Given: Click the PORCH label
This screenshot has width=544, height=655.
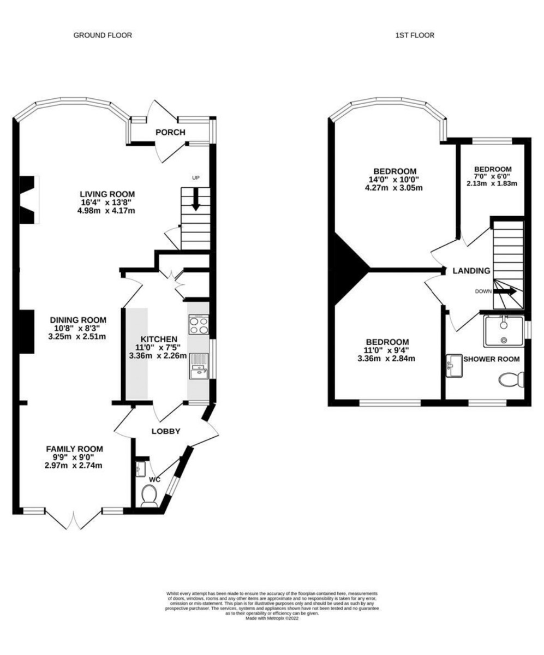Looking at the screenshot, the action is coord(171,133).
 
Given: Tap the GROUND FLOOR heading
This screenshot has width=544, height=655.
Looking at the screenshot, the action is coord(103,35).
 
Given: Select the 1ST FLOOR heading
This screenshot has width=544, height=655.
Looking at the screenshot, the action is coord(415,35).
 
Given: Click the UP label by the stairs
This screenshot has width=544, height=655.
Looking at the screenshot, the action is coord(196,178).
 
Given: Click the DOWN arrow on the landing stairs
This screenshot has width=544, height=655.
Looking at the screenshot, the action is coord(505,291).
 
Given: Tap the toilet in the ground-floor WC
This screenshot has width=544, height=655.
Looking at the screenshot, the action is coord(149,496).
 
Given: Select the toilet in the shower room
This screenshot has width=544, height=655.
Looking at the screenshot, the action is coord(511,379).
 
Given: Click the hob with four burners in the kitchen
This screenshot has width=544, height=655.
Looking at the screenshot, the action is coord(199,324).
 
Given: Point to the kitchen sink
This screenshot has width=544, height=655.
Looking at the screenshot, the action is coord(199,366).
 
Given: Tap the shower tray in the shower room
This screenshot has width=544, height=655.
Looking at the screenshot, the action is coord(504,331).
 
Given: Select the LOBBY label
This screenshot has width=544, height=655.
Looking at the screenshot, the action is coord(166,431).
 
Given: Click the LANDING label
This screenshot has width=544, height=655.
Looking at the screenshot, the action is coord(471,271).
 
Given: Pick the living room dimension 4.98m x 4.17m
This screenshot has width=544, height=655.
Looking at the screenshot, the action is coord(106,211).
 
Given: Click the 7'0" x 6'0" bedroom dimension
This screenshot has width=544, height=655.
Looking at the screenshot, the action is coord(492,176).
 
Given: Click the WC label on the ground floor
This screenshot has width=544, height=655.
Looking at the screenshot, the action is coord(155,480).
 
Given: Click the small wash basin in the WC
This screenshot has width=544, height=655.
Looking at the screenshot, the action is coord(141,469).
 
